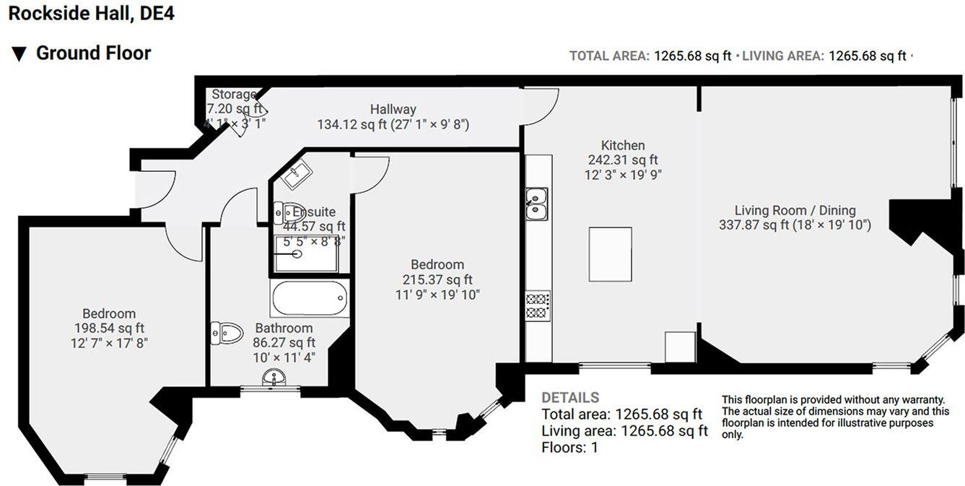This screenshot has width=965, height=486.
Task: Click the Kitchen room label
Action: tap(622, 145)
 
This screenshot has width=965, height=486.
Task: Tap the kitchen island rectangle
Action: tap(611, 254)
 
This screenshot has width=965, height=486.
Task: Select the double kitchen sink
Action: tap(536, 204)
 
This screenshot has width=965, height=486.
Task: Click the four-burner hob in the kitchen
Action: tap(537, 305)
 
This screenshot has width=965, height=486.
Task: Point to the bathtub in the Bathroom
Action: tap(309, 299)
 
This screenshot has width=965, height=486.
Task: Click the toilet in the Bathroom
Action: tap(227, 333)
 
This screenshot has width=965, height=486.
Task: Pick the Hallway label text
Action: tap(393, 109)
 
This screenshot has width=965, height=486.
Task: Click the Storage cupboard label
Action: tap(233, 95)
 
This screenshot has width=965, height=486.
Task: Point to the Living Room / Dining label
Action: tap(795, 210)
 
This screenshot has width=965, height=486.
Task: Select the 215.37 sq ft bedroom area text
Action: tap(437, 279)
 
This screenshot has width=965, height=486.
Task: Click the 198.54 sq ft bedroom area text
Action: tap(109, 328)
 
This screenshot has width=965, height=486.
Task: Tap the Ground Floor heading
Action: tap(93, 53)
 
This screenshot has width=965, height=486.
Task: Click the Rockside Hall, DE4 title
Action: tap(91, 14)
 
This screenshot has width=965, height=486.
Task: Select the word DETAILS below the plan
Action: tap(569, 397)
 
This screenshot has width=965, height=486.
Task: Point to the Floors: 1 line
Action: tap(569, 447)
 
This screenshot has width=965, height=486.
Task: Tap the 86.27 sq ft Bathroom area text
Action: tap(284, 342)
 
